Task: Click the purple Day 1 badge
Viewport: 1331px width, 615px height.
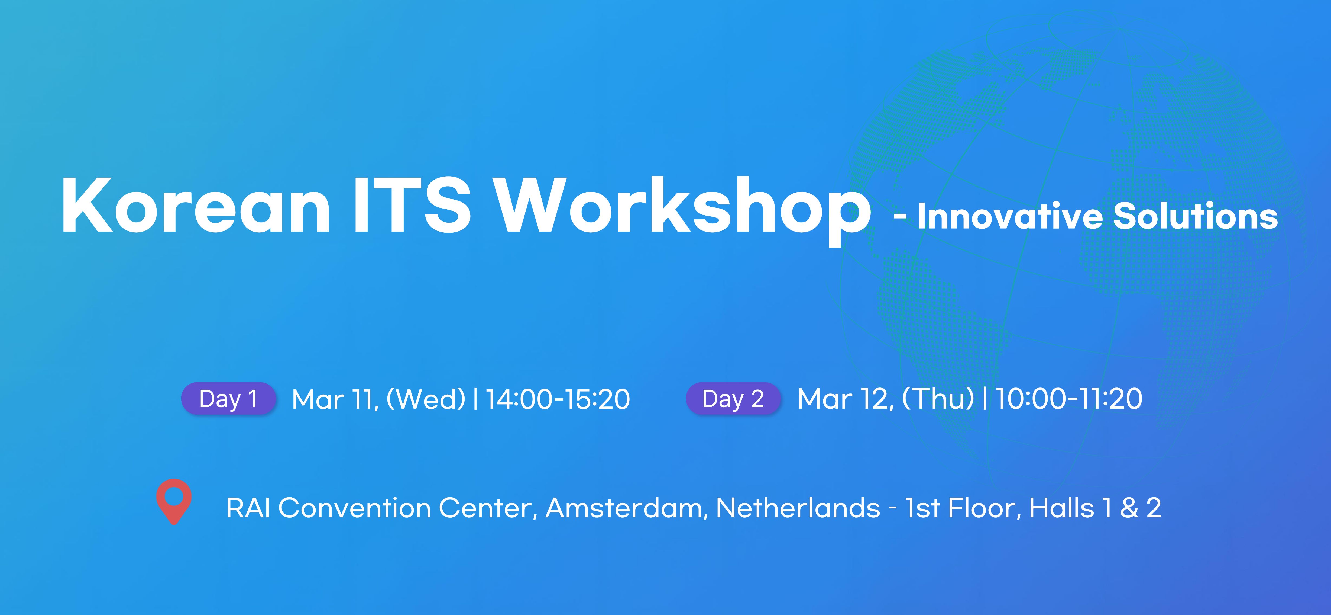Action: click(x=228, y=399)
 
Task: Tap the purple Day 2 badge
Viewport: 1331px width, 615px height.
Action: click(x=733, y=399)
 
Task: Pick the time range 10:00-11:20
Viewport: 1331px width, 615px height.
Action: click(x=1068, y=399)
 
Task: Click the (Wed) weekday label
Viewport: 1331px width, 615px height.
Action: click(x=426, y=400)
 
